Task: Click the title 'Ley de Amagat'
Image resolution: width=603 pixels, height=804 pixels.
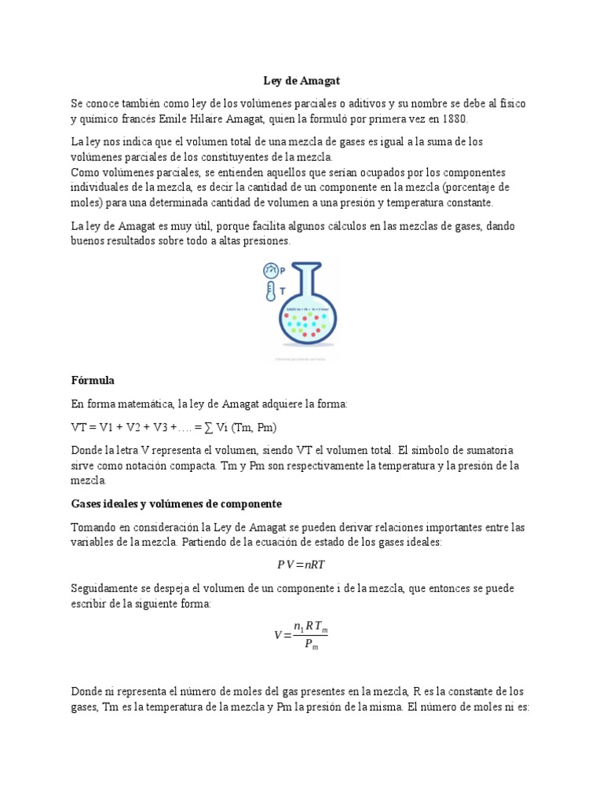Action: coord(301,81)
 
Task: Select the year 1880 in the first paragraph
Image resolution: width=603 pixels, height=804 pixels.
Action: coord(452,119)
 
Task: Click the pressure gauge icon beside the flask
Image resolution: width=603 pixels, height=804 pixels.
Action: coord(270,270)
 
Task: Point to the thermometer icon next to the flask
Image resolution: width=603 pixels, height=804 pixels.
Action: coord(269,293)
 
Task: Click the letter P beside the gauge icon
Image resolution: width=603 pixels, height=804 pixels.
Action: coord(283,269)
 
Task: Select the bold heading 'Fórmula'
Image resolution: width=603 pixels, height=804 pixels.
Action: coord(93,381)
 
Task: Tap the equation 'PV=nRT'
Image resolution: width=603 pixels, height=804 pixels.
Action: coord(301,565)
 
